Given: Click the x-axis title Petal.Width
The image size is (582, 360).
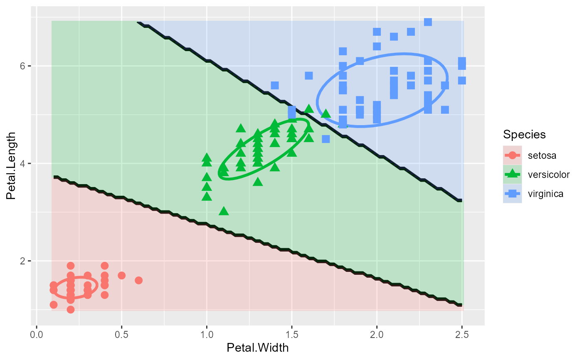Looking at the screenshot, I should tap(258, 348).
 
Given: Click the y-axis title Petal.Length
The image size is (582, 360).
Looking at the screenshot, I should tap(11, 166).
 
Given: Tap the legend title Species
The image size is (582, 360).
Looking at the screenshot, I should tap(524, 134).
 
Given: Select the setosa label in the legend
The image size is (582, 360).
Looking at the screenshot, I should tap(542, 155).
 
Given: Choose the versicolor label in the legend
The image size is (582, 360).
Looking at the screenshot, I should tap(548, 174).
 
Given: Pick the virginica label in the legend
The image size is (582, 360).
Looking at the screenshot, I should tap(546, 193).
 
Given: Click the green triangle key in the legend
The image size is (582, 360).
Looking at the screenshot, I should tap(512, 174).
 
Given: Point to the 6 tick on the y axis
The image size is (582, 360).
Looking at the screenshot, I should tap(24, 66).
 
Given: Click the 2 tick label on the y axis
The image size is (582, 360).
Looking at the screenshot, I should tap(24, 261).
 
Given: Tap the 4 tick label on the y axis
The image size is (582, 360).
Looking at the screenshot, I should tap(24, 164).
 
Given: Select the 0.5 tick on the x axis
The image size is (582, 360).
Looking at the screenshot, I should tap(121, 334).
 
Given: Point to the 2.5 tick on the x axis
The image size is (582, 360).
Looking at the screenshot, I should tap(461, 334).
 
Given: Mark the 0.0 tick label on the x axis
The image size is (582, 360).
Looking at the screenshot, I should tap(37, 334).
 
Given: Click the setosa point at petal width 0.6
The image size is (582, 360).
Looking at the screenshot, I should tap(138, 280).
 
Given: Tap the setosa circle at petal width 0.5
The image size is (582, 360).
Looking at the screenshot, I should tap(121, 275).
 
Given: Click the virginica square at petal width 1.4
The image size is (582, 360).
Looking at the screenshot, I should tap(274, 85).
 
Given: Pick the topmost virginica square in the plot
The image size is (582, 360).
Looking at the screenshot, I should tap(428, 22).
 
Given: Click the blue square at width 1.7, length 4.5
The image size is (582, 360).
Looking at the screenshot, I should tap(326, 139).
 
